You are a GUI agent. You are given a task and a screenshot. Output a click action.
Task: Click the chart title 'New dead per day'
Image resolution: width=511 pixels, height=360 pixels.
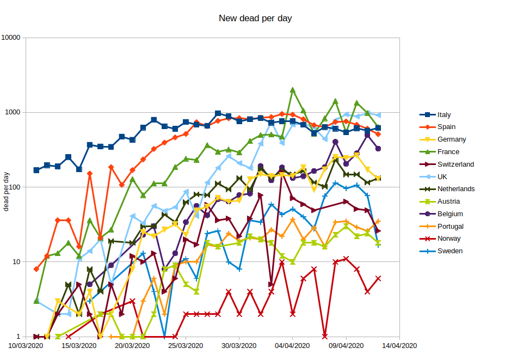coord(255,19)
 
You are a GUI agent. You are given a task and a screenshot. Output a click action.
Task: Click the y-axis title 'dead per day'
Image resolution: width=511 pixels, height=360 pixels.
coord(7,191)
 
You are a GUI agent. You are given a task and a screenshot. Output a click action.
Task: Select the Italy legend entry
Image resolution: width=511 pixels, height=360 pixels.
coord(444,115)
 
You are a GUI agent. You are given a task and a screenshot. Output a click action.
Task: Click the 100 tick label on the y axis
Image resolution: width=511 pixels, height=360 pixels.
coord(14,187)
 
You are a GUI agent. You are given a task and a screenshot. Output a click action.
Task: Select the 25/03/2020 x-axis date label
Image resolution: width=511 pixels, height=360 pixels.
coord(186,345)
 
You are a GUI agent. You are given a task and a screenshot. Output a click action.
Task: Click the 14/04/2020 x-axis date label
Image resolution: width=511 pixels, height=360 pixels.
coord(400,345)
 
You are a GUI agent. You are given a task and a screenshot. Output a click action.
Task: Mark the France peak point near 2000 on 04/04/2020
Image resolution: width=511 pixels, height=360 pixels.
coord(293,90)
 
